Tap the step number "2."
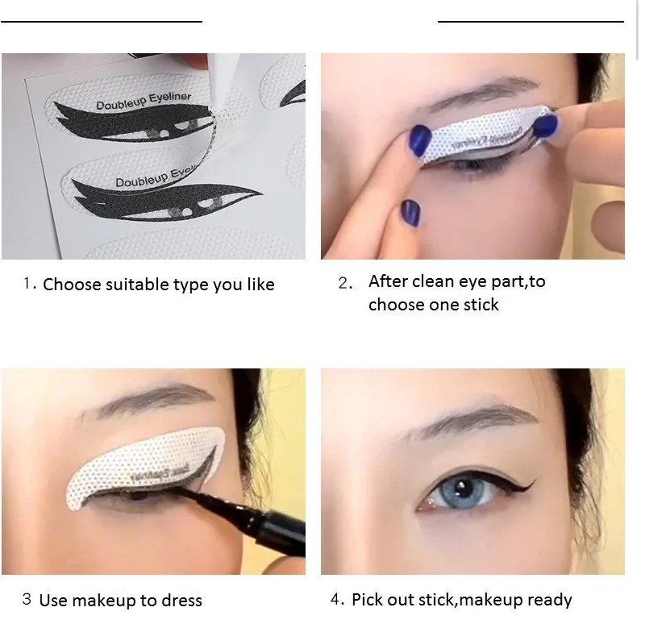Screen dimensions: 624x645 pos(345,284)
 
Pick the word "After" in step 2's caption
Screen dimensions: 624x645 pos(389,281)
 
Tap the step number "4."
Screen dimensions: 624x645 pos(337,600)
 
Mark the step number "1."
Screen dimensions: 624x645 pos(30,284)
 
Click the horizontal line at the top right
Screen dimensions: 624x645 pos(530,21)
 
